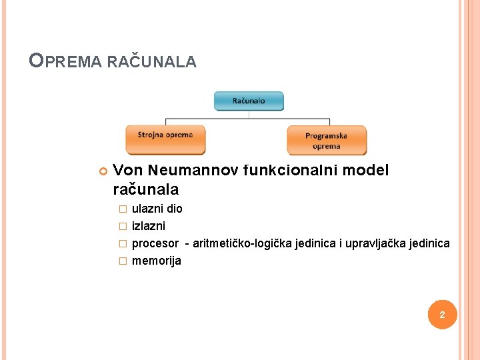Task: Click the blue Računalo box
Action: point(249,101)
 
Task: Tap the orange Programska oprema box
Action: point(326,141)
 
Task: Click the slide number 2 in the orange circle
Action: point(441,314)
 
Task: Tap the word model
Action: point(366,171)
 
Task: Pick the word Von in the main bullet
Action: point(127,171)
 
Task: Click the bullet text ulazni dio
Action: point(157,209)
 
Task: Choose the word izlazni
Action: point(149,226)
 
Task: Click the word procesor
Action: point(155,243)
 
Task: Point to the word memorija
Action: point(157,261)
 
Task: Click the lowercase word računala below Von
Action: point(145,189)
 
